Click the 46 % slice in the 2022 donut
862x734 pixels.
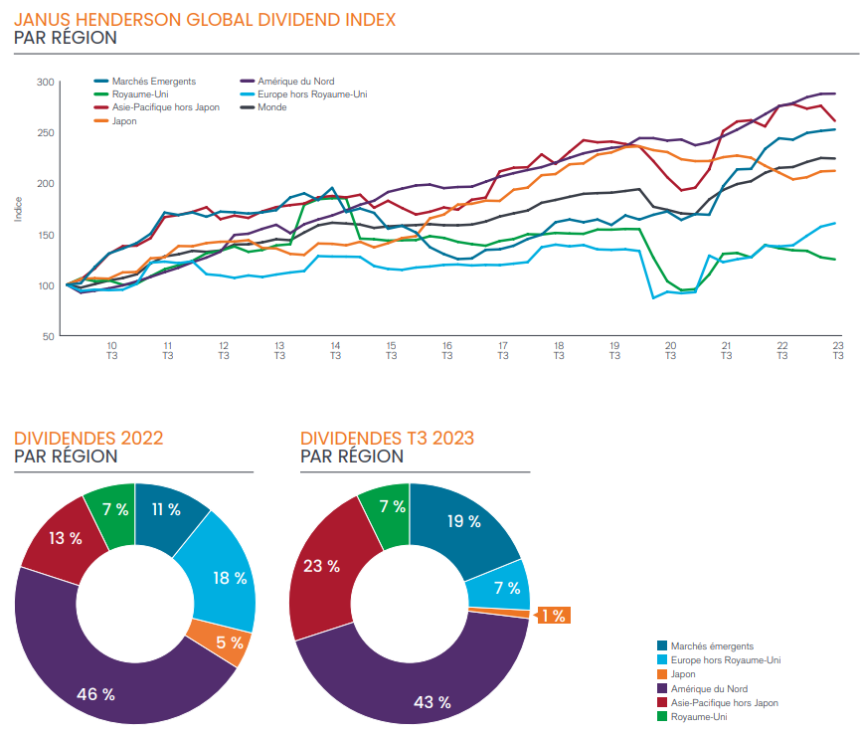point(95,693)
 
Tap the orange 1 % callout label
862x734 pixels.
point(553,616)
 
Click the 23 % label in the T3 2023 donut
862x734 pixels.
point(321,566)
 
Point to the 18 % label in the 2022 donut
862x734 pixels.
point(230,578)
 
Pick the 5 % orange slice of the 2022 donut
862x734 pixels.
point(231,642)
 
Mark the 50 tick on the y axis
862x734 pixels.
point(46,336)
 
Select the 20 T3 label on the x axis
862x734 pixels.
point(670,350)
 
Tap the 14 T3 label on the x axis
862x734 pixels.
point(335,350)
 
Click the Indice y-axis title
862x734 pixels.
point(17,209)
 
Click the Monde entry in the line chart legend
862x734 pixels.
point(271,107)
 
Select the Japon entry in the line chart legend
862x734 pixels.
point(124,120)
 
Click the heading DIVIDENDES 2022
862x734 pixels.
point(88,438)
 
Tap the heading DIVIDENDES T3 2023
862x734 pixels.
point(387,438)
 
